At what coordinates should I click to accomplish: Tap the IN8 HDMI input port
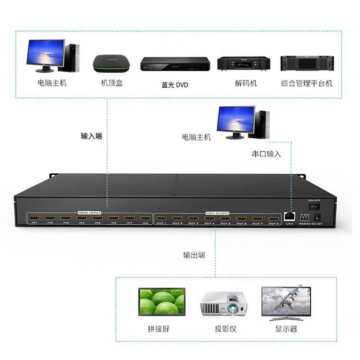145,218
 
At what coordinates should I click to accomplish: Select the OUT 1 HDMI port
162,219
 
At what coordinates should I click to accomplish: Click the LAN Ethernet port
289,216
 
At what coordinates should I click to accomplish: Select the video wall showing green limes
161,302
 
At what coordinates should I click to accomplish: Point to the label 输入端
91,136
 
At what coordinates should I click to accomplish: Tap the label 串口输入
266,154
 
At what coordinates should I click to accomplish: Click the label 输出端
194,255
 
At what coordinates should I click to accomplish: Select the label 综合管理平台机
306,83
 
